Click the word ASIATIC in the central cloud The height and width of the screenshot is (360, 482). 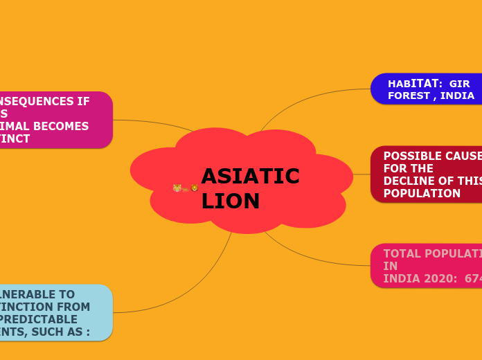point(250,177)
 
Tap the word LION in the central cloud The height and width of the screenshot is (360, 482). point(231,201)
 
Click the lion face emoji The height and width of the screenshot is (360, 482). point(195,188)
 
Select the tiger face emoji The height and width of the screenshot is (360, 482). point(177,188)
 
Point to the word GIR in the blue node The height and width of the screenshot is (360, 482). point(459,84)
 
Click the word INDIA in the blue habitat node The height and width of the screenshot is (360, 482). point(457,96)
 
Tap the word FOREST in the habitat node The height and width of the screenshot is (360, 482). point(408,96)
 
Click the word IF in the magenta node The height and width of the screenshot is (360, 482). point(83,101)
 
